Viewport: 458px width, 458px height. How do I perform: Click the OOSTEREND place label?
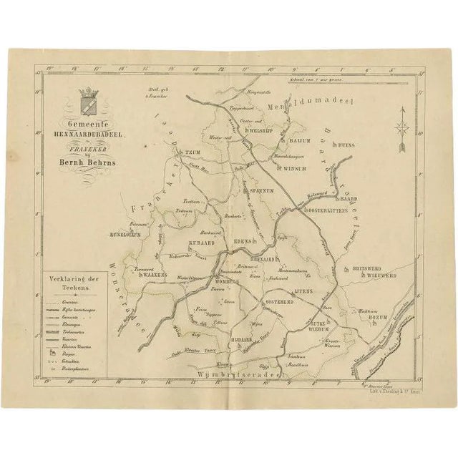280,303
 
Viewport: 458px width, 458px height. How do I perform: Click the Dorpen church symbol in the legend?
52,353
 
